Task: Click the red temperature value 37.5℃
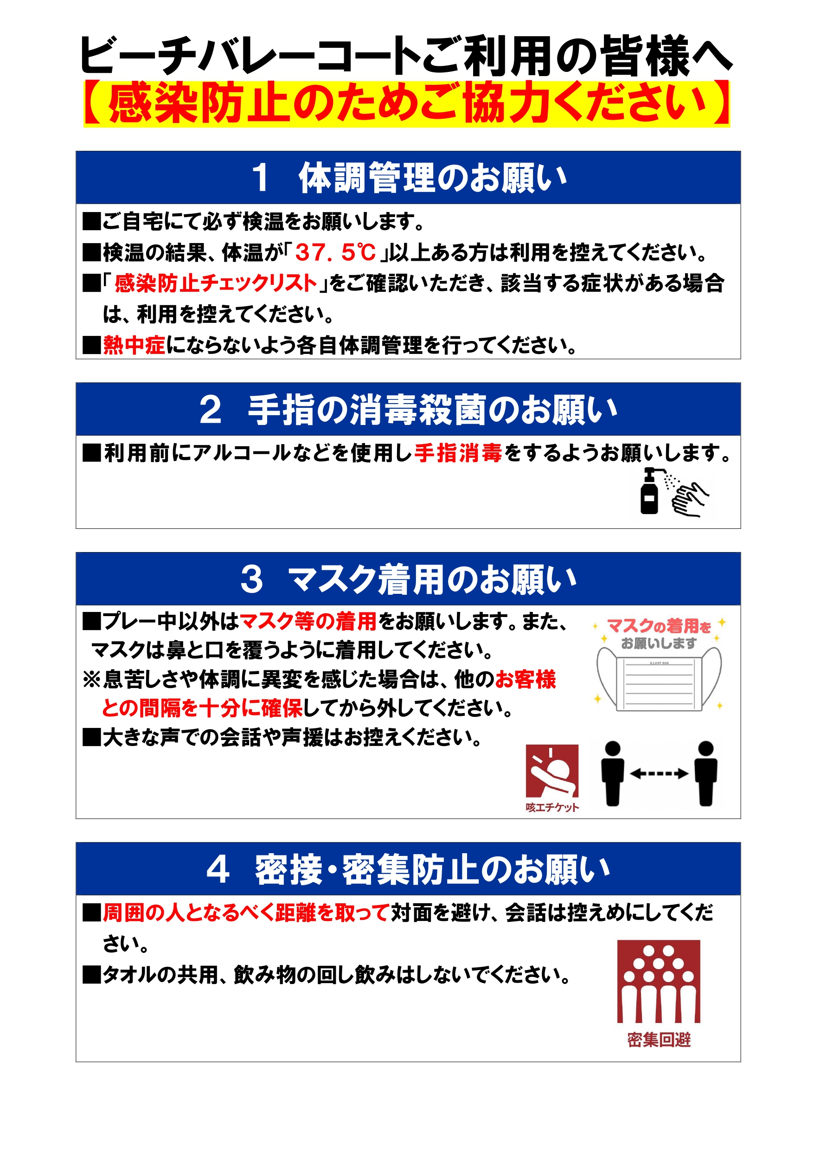point(335,252)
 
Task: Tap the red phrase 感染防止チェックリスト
point(216,283)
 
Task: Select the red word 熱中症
point(134,345)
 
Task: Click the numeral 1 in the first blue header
point(260,178)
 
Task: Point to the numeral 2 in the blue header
point(211,410)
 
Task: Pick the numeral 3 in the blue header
point(251,579)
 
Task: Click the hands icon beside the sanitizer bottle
point(690,499)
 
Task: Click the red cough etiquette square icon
point(552,771)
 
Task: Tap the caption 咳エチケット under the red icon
point(552,807)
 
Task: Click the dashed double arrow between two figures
point(659,773)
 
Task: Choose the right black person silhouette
point(705,773)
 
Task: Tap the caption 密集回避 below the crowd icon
point(659,1040)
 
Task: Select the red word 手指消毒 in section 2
point(458,453)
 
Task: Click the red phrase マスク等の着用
point(308,621)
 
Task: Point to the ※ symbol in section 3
point(92,680)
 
